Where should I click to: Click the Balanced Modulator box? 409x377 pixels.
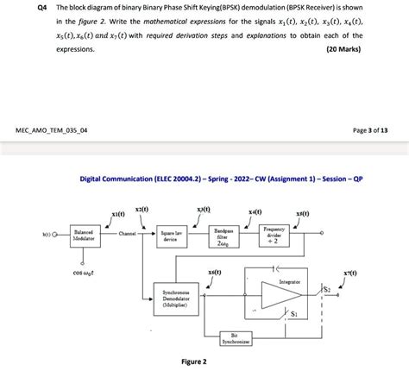(84, 235)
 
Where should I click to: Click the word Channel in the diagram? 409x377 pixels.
(128, 234)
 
